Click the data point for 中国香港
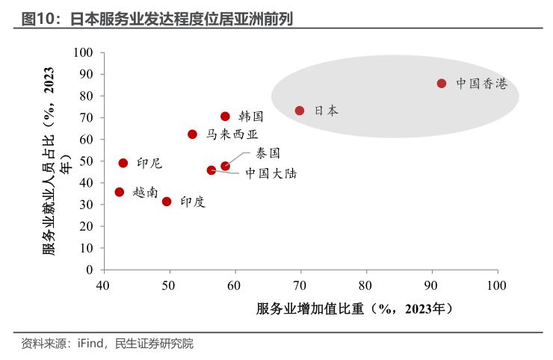tap(442, 84)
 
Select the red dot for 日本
tap(300, 111)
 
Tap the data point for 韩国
tap(225, 117)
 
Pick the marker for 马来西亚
tap(192, 134)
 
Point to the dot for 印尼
tap(123, 163)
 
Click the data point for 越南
tap(119, 192)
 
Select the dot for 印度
tap(167, 202)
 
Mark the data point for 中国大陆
tap(211, 170)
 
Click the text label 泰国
tap(268, 152)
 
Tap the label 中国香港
tap(481, 84)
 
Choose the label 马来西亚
tap(232, 134)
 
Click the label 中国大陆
tap(271, 173)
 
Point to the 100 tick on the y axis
tap(83, 52)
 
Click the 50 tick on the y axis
tap(86, 161)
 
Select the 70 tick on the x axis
tap(300, 285)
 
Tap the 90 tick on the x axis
tap(431, 285)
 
